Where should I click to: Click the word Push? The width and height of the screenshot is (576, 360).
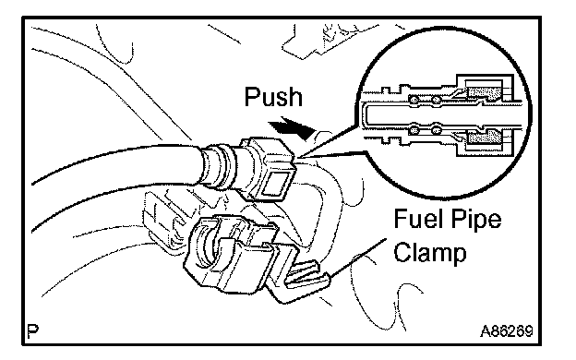(273, 97)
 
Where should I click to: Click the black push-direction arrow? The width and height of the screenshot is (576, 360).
(292, 128)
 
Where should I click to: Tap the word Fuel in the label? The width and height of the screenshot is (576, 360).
(416, 219)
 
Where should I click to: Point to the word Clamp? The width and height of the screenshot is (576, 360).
(430, 252)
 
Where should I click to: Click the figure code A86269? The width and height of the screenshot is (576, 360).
(506, 331)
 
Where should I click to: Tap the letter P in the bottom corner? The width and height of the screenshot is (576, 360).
(33, 331)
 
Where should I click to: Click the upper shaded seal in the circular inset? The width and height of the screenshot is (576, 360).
(485, 92)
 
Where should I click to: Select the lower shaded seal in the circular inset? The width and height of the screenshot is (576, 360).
(485, 138)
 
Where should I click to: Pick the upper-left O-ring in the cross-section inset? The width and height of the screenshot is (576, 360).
(414, 100)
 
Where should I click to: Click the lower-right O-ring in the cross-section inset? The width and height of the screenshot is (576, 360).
(436, 129)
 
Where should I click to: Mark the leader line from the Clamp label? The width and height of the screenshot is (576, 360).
(358, 258)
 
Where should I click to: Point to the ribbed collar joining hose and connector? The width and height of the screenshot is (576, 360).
(220, 167)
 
